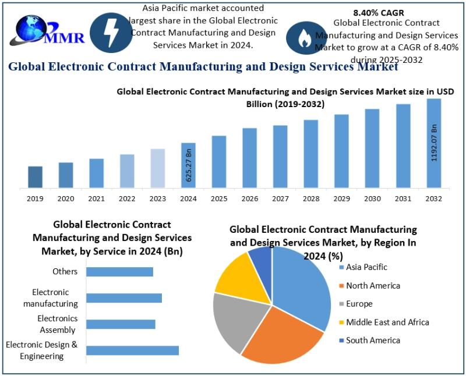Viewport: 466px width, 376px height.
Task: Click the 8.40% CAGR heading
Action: [x=379, y=12]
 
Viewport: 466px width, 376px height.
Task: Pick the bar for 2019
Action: [x=35, y=177]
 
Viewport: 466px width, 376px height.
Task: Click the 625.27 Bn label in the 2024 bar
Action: [x=189, y=166]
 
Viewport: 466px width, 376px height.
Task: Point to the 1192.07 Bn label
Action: [x=434, y=143]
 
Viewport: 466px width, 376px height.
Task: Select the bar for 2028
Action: [x=311, y=154]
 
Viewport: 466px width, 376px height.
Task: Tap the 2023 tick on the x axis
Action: [x=158, y=198]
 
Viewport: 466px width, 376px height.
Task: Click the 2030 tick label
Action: [x=372, y=198]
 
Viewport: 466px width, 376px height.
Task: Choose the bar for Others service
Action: [x=119, y=272]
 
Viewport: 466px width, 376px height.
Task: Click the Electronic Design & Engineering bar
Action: [x=132, y=350]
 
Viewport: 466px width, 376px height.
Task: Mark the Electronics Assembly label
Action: [x=57, y=324]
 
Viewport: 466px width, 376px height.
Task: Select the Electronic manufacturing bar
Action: [x=123, y=298]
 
